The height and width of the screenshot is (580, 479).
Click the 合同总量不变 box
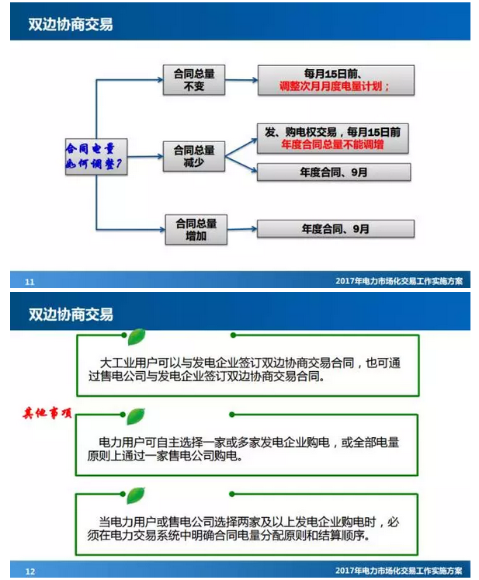(193, 79)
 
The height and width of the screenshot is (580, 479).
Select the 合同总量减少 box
(193, 155)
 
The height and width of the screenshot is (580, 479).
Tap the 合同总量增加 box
(195, 230)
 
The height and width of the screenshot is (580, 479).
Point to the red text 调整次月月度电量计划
(335, 88)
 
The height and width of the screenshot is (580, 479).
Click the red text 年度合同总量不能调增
(335, 144)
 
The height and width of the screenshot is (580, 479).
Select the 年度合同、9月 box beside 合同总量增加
(335, 229)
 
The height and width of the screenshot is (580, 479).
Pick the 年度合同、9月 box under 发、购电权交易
(335, 172)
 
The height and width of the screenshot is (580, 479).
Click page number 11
(30, 281)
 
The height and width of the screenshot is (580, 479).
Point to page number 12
(30, 571)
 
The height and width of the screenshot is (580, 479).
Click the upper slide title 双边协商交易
(71, 24)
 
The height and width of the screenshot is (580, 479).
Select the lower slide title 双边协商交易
(71, 314)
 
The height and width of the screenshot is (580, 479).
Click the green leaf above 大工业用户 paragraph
(137, 337)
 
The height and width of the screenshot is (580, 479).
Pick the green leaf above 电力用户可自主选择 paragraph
(137, 415)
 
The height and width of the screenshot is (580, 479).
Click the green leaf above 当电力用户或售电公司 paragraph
(137, 495)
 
